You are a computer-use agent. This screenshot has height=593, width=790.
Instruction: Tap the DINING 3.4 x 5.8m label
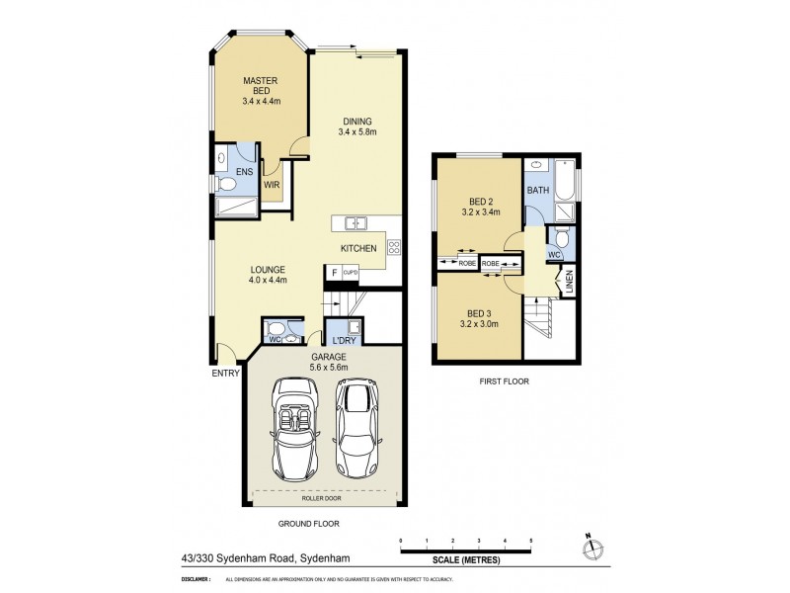(x=358, y=124)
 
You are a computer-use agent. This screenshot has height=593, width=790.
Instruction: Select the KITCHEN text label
(x=357, y=248)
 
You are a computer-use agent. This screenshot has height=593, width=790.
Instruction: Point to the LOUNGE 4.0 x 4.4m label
(x=268, y=274)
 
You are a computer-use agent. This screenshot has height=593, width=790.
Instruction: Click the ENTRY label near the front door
(x=225, y=374)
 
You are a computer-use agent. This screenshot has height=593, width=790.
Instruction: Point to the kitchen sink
(x=353, y=222)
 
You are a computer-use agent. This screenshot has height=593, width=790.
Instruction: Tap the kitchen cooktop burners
(x=393, y=247)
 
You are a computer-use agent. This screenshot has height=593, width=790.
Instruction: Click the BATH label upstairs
(x=538, y=189)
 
